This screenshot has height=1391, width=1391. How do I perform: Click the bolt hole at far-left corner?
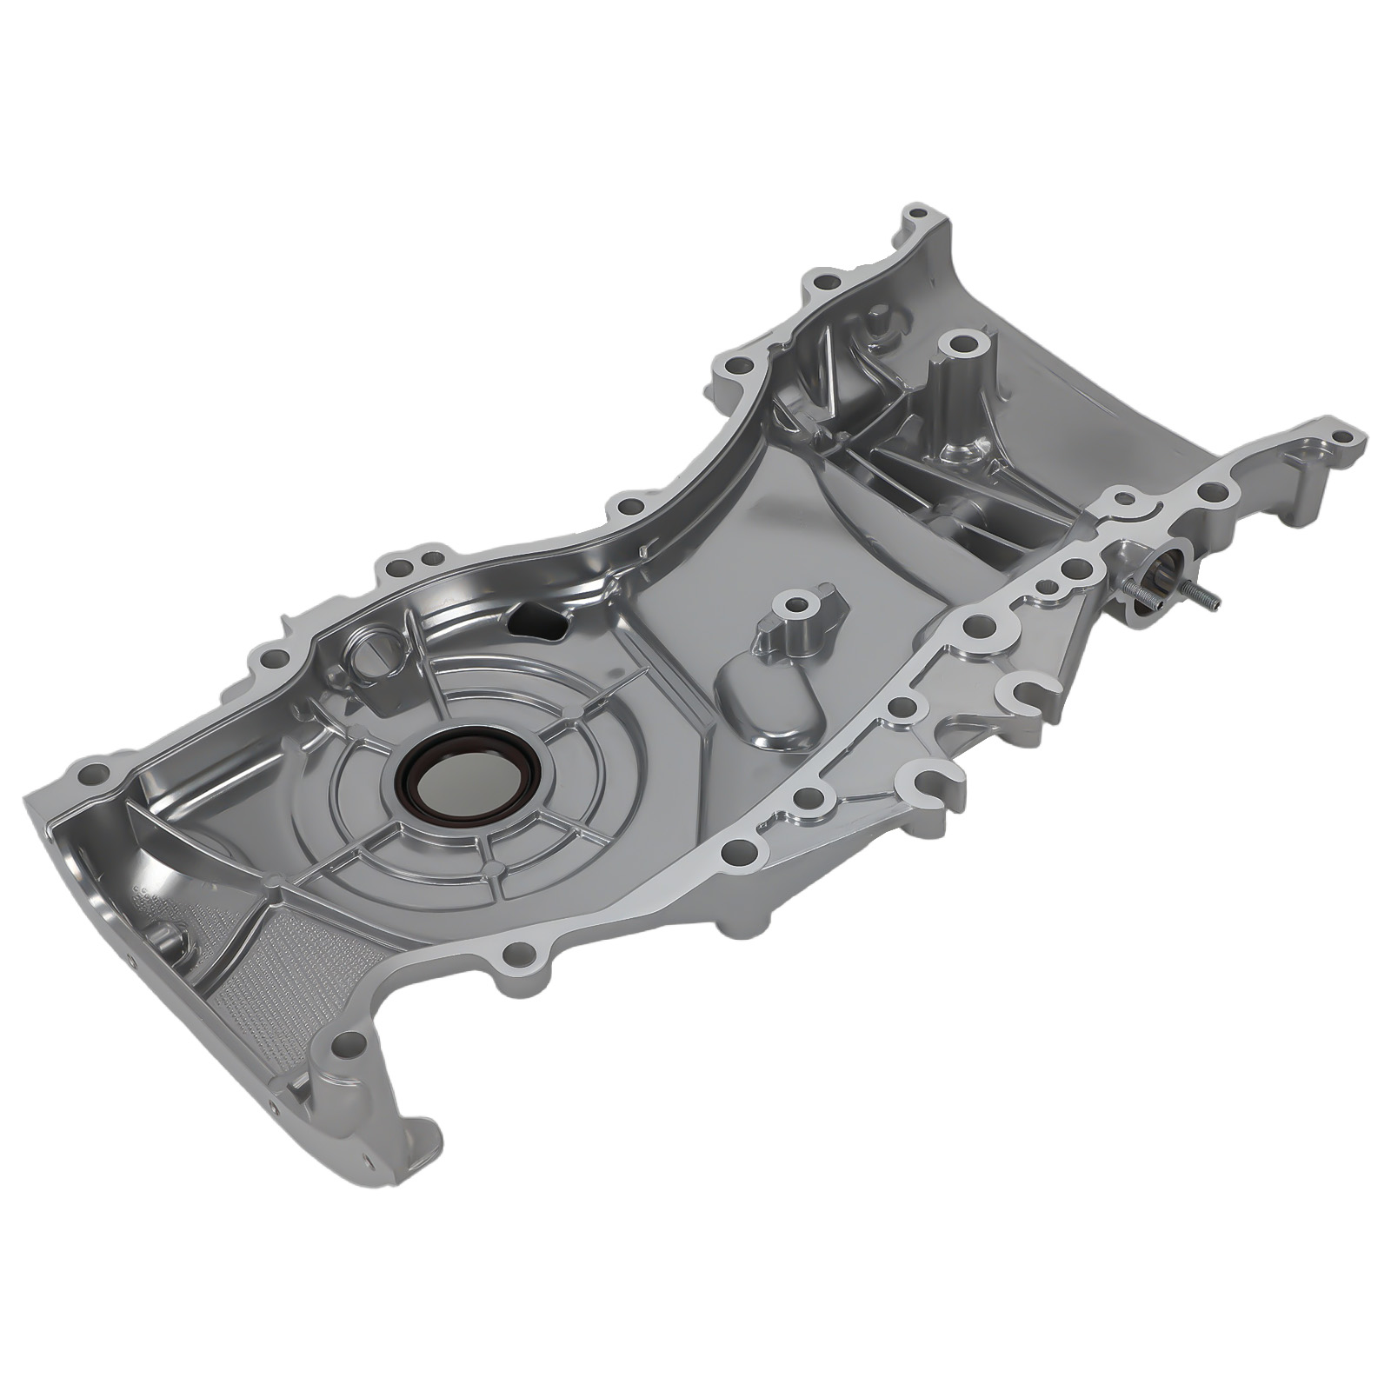(x=89, y=772)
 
